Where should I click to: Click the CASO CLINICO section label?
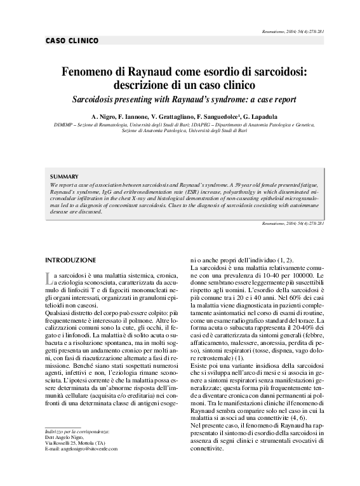pyautogui.click(x=72, y=41)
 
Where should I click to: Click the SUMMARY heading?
pyautogui.click(x=65, y=176)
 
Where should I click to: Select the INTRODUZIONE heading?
pyautogui.click(x=70, y=260)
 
